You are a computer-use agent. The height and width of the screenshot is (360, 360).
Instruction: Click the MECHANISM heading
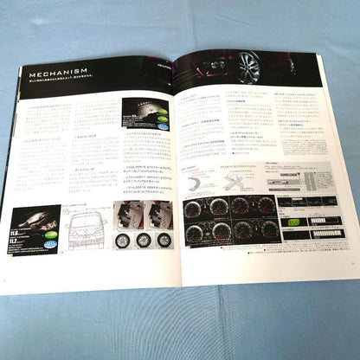click(57, 74)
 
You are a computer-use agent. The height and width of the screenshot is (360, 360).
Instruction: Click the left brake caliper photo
click(123, 211)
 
